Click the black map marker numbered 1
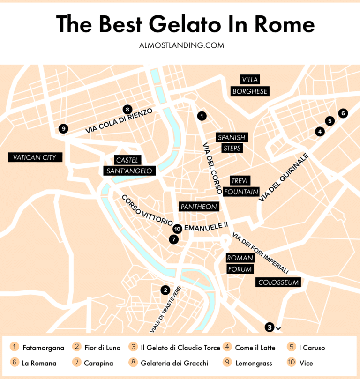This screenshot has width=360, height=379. click(x=202, y=115)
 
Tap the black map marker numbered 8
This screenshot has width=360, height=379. click(x=127, y=109)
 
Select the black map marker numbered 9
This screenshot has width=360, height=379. click(x=63, y=128)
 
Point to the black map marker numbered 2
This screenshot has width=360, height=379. click(x=165, y=290)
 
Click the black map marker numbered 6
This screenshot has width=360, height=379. click(x=343, y=113)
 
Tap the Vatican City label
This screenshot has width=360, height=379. click(x=35, y=157)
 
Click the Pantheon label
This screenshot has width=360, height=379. click(x=199, y=207)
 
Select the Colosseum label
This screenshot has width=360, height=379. click(x=278, y=282)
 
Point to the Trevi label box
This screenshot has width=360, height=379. click(x=240, y=180)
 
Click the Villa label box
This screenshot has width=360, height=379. click(x=250, y=80)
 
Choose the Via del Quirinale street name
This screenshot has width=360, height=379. click(x=284, y=178)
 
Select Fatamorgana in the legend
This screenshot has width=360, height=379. click(x=43, y=348)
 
